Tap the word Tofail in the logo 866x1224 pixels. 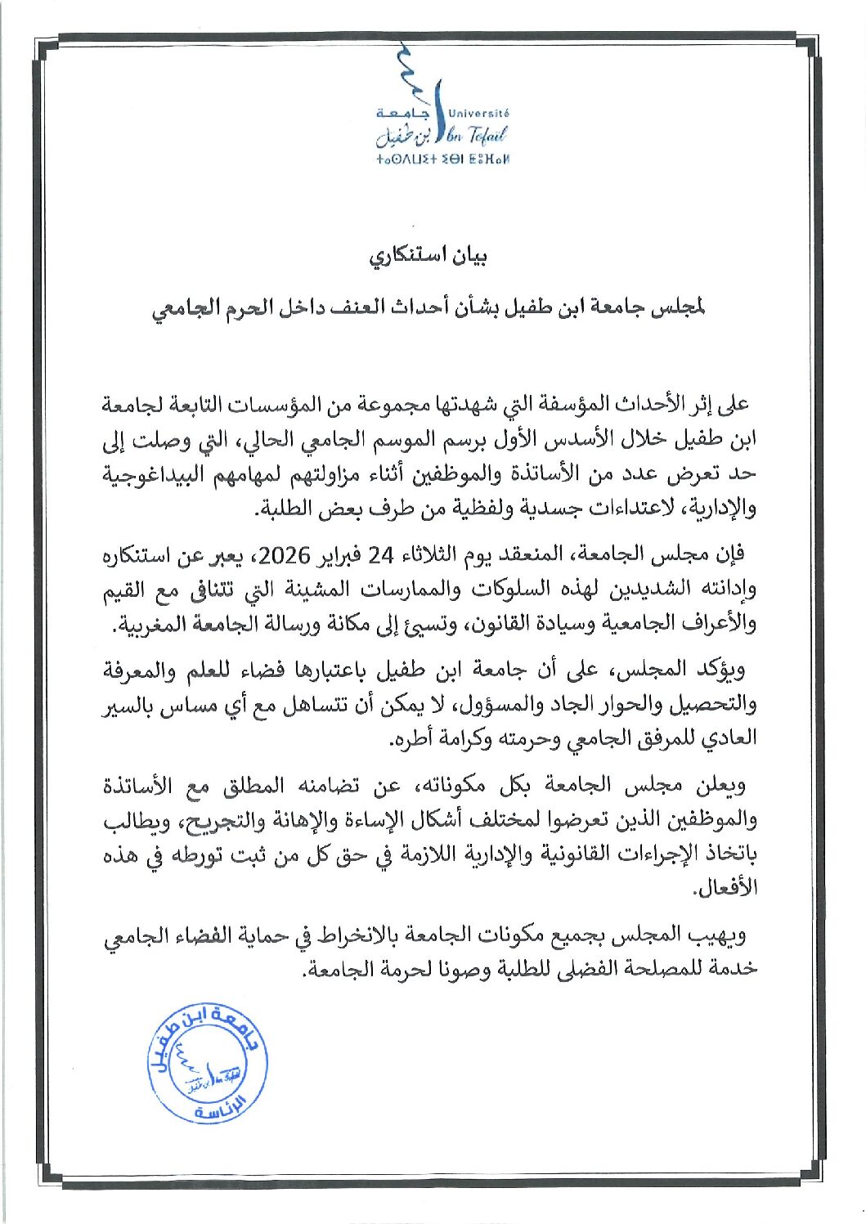pyautogui.click(x=489, y=136)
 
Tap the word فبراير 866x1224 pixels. pyautogui.click(x=341, y=556)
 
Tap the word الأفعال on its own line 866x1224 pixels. pyautogui.click(x=726, y=888)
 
